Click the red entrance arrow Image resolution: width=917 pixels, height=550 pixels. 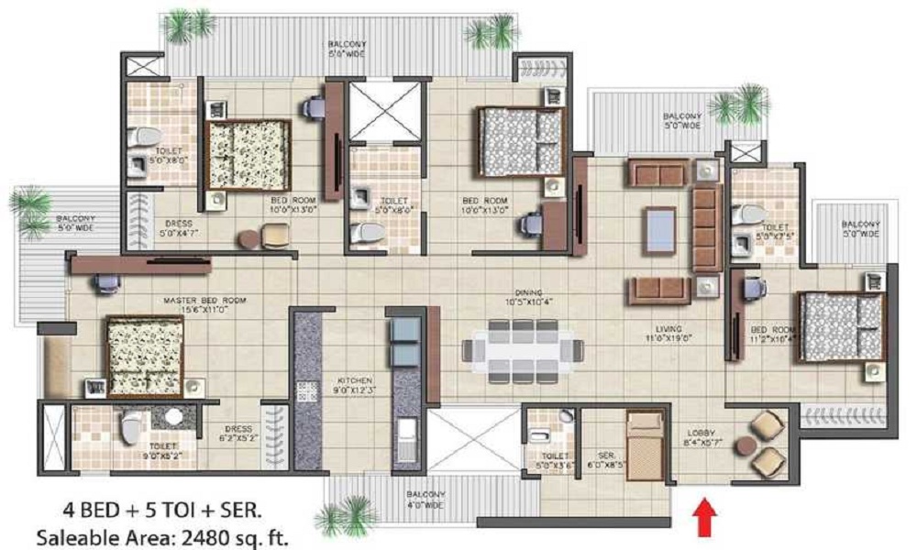[704, 514]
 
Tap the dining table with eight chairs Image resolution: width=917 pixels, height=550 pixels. [523, 350]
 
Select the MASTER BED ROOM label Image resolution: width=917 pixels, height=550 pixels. [195, 301]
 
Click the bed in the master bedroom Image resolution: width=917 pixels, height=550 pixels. [144, 356]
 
